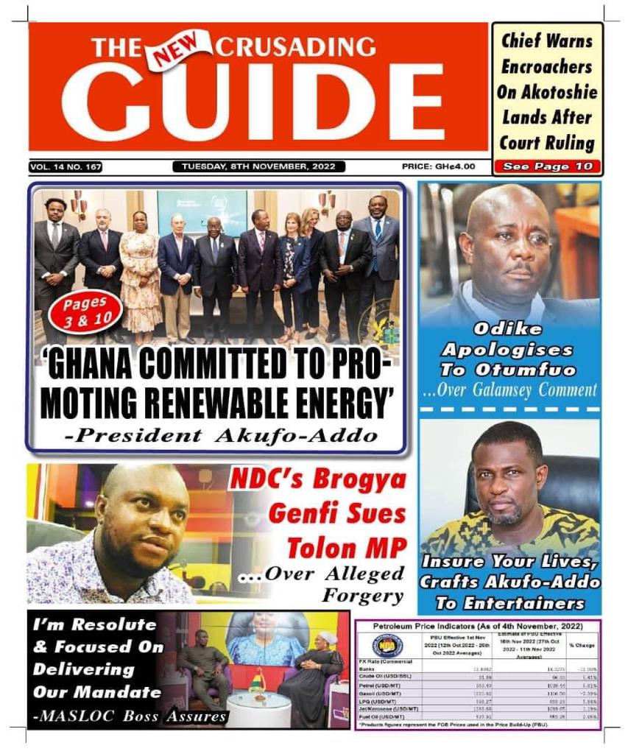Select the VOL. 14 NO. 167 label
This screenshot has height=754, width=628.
(66, 167)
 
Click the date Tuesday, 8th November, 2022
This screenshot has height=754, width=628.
(258, 167)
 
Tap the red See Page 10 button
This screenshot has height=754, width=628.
(547, 166)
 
